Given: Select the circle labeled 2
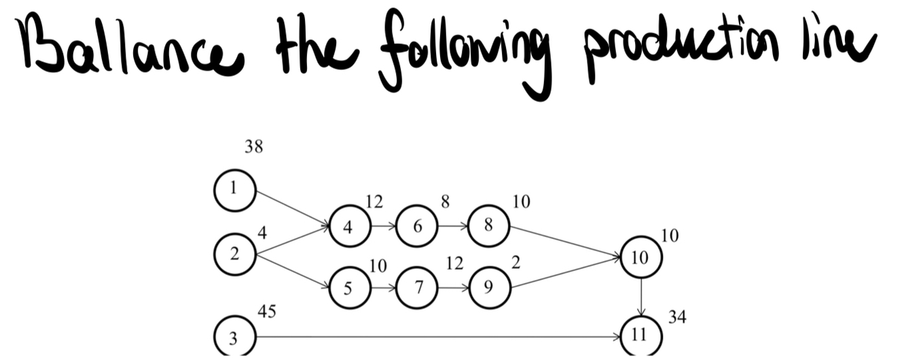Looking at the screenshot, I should pyautogui.click(x=234, y=254).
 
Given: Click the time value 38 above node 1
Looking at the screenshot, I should pyautogui.click(x=253, y=147).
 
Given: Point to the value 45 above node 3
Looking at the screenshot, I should pyautogui.click(x=266, y=311).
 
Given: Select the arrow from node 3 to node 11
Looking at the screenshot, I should pyautogui.click(x=435, y=337).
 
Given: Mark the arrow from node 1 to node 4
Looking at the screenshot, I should pyautogui.click(x=292, y=209).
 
